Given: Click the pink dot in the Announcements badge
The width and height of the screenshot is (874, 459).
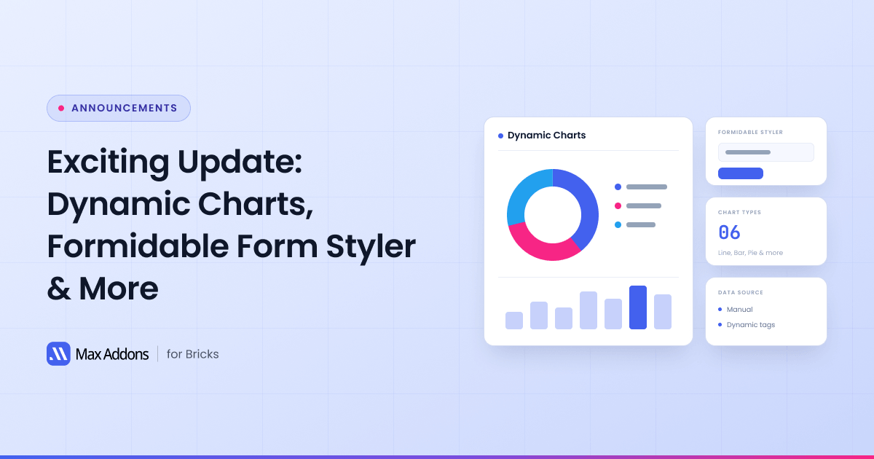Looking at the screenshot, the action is [61, 108].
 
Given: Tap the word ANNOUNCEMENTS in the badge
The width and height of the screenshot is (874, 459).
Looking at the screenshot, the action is [125, 108].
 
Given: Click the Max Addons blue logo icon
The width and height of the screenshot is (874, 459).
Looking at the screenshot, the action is [58, 353].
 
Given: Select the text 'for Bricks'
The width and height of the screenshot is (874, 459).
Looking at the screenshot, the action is [193, 354].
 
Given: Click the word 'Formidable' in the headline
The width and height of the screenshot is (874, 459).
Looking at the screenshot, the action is [138, 246].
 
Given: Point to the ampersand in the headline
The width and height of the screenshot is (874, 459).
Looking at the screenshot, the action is [59, 289].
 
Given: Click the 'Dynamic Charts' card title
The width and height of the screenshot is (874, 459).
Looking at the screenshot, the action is [547, 135].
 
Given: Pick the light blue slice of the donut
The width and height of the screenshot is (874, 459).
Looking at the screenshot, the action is [525, 191].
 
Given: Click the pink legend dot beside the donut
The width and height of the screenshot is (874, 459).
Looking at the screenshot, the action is [618, 205].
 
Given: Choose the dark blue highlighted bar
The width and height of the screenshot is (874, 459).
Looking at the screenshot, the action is [638, 307].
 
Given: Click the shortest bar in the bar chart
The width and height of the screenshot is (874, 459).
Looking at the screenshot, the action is [514, 321].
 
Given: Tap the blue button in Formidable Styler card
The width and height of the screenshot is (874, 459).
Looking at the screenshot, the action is [741, 173].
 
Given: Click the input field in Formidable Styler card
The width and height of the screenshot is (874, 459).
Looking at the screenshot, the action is [766, 152].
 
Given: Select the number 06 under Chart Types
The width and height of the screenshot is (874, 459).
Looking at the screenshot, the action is [729, 232].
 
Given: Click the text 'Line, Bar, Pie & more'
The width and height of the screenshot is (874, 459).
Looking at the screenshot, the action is [750, 253].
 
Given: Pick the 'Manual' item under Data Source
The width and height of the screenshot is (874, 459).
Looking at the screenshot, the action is [740, 309].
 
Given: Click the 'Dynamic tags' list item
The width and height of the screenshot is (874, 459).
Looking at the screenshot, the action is [751, 325].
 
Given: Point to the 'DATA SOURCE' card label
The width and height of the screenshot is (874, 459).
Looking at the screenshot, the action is [741, 292].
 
